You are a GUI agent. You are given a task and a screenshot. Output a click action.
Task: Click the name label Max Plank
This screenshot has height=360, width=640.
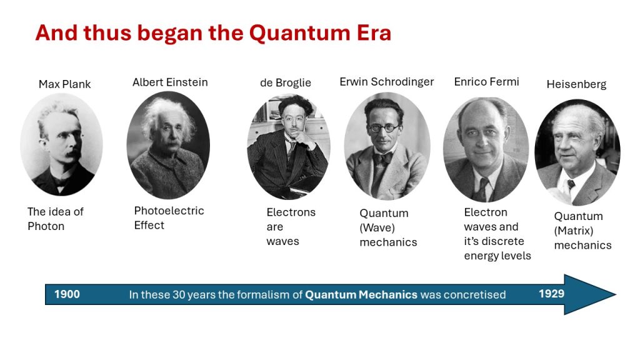[64, 84]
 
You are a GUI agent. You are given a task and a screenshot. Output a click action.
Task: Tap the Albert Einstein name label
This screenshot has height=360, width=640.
[170, 82]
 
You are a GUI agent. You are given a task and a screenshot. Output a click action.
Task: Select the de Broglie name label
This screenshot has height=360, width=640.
[285, 83]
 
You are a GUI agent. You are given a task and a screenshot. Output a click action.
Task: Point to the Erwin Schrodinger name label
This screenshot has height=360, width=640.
[386, 82]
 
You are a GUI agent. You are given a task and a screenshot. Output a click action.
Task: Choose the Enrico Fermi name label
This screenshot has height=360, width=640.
[486, 82]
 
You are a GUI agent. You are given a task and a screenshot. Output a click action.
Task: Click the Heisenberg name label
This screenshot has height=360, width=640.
[576, 84]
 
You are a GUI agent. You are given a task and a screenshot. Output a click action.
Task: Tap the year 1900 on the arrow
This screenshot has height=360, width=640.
[67, 294]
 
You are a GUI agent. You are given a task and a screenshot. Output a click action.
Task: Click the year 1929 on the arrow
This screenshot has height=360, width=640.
[551, 294]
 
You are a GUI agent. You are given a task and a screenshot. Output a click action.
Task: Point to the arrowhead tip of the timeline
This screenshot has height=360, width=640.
[616, 294]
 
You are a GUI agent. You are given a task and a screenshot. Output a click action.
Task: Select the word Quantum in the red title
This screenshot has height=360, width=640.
[299, 33]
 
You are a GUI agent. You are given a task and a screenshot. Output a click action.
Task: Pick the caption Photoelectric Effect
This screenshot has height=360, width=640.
[169, 218]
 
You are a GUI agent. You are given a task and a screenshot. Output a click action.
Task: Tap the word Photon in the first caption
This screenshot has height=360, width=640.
[46, 226]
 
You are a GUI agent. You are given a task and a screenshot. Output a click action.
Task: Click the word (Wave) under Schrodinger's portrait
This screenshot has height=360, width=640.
[377, 227]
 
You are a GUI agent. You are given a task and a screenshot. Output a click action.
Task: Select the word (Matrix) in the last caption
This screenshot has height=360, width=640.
[574, 231]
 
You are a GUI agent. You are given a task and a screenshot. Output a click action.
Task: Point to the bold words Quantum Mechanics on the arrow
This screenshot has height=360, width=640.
[361, 295]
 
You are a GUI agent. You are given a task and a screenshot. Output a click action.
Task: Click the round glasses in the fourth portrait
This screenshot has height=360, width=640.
[383, 128]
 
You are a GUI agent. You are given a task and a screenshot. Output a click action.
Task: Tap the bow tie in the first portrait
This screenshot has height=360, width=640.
[61, 181]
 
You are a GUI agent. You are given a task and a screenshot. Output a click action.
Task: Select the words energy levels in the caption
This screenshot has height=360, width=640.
[497, 256]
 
